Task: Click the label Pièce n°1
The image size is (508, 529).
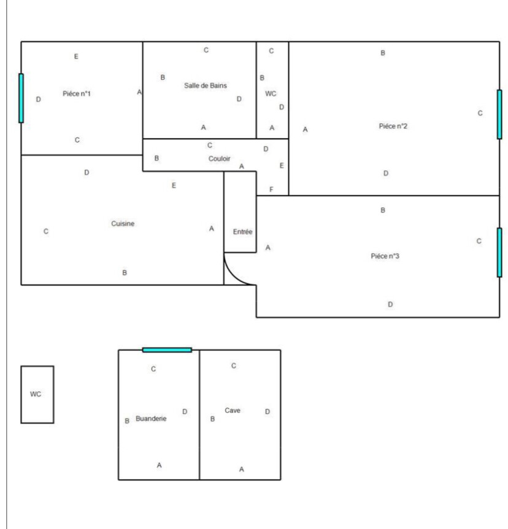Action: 77,93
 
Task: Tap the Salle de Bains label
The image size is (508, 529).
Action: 206,85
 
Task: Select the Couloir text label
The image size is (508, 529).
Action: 219,158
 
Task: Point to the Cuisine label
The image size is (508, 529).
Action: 123,224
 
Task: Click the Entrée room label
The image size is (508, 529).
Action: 243,232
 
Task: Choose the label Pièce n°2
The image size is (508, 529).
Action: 394,127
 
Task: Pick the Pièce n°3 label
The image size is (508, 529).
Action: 385,256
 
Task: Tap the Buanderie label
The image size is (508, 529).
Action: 151,417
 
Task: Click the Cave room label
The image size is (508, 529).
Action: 232,410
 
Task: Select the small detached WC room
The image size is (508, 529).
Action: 37,394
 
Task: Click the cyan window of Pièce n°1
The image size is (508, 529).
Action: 21,98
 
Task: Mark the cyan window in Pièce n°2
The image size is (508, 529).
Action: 499,114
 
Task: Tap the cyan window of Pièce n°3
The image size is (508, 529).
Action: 499,253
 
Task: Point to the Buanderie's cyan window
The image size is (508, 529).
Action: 167,350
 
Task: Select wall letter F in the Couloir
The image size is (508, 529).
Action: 271,189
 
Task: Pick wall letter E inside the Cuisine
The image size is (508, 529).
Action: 174,185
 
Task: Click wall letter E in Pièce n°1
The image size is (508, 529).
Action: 76,57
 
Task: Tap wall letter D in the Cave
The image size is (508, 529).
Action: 267,412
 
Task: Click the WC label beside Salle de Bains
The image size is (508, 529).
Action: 271,94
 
